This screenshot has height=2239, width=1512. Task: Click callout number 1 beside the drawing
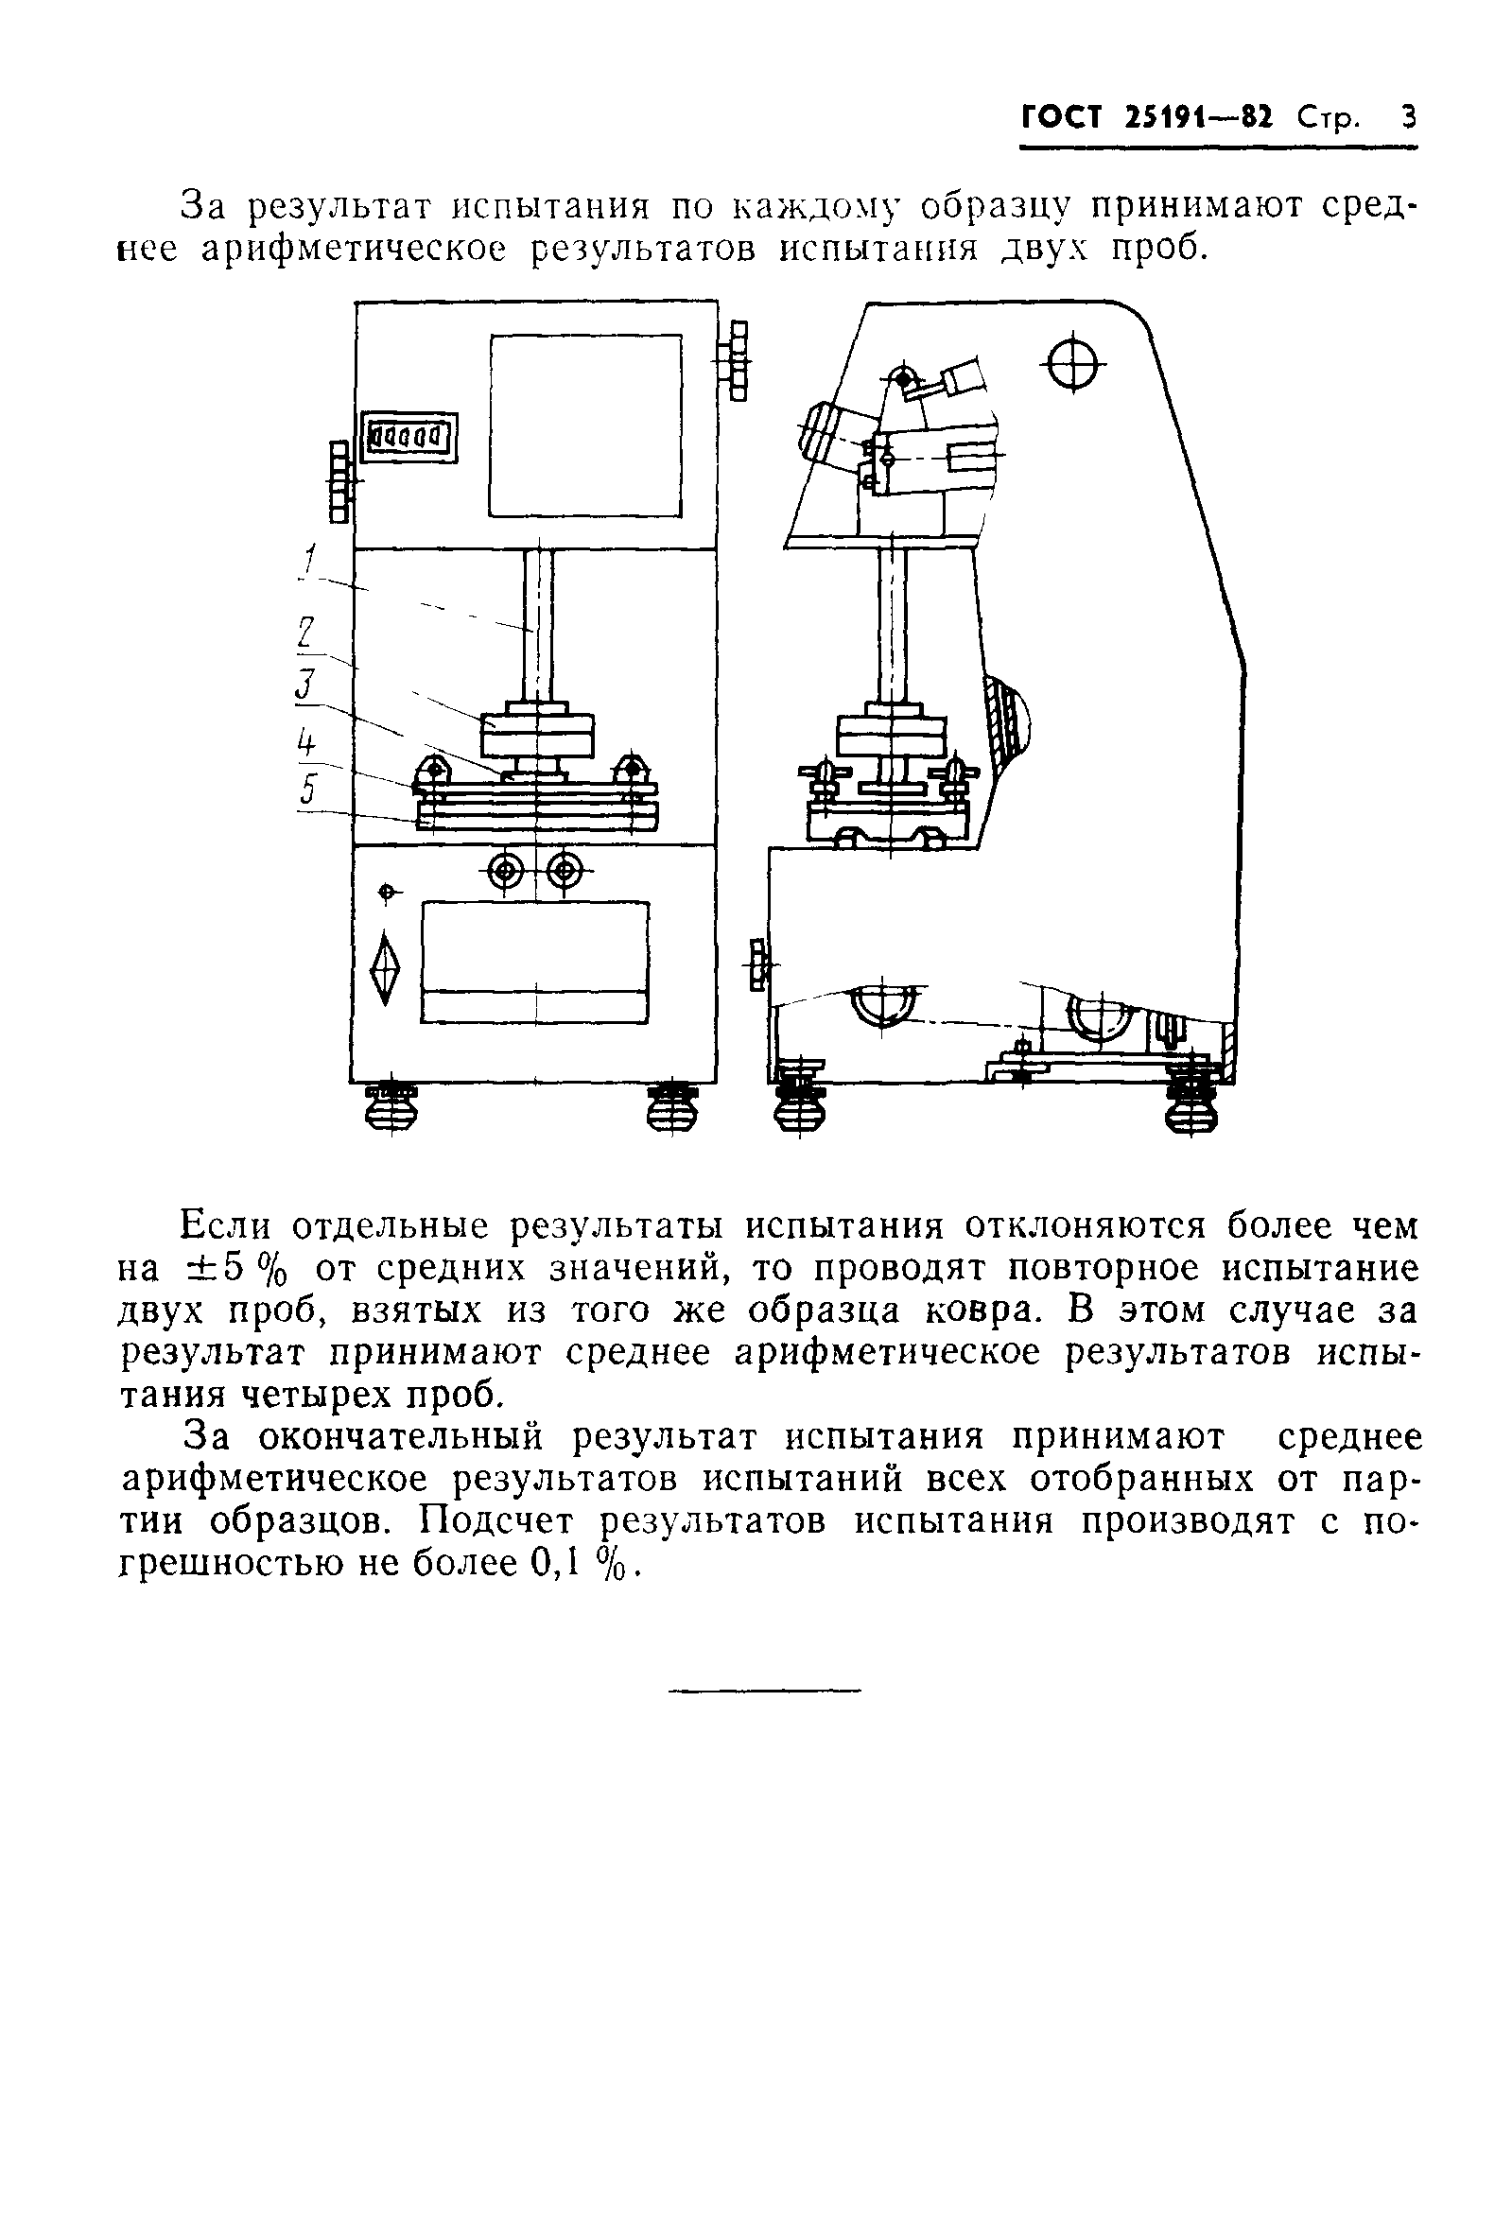pos(309,561)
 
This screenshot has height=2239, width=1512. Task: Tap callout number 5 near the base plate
pos(308,790)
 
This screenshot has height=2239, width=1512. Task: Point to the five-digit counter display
pos(408,438)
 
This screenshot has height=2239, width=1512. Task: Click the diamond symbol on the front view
pos(386,968)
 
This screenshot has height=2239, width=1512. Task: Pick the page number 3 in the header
pos(1409,118)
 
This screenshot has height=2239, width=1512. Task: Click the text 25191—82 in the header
pos(1198,118)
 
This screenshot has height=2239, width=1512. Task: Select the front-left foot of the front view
pos(391,1106)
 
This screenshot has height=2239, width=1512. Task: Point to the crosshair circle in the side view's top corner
pos(1074,364)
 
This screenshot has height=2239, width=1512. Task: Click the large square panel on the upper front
pos(585,425)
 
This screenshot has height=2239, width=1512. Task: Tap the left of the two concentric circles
pos(507,872)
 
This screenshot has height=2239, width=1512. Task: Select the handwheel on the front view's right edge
pos(738,361)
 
